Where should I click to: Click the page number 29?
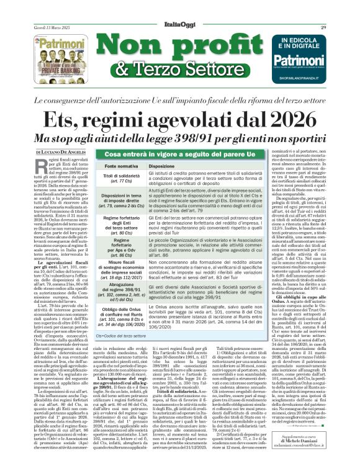click(340, 9)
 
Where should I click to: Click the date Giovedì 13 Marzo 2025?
click(35, 9)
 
